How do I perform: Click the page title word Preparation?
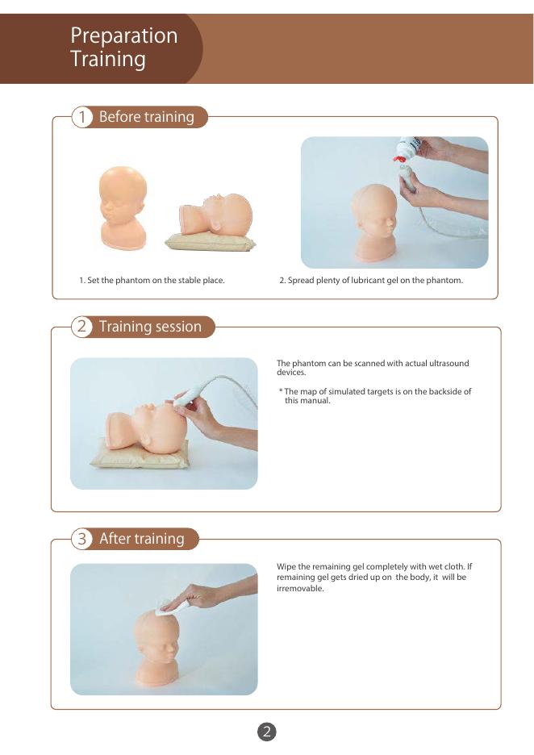click(x=123, y=36)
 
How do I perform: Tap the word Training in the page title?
click(x=108, y=59)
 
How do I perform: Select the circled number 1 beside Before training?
click(x=81, y=117)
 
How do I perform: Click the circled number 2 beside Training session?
click(x=81, y=327)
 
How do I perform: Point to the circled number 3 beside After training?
click(x=81, y=538)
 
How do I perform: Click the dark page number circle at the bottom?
click(x=267, y=732)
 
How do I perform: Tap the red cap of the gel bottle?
click(x=398, y=158)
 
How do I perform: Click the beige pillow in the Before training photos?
click(x=211, y=242)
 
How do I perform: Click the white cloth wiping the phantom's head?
click(x=166, y=606)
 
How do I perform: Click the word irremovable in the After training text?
click(x=299, y=588)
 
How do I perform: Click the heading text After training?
click(x=141, y=538)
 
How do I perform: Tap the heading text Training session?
click(x=150, y=327)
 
